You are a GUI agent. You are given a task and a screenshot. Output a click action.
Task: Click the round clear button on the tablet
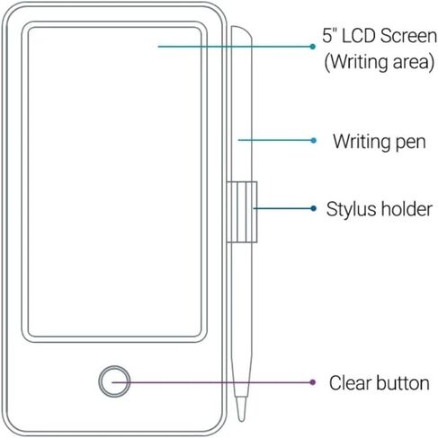point(114,381)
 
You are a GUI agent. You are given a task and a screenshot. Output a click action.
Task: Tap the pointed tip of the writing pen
point(241,420)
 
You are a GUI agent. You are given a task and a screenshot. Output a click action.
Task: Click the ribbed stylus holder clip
point(242,212)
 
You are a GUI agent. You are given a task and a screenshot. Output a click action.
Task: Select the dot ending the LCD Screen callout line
point(313,47)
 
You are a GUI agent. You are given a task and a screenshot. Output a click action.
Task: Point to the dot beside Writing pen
point(314,140)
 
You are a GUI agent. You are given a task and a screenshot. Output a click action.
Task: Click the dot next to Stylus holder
point(314,208)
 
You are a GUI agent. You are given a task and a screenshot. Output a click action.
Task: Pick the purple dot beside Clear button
point(313,382)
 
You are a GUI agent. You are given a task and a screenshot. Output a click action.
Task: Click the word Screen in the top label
point(408,36)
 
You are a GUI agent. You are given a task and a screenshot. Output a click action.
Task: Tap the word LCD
point(358,36)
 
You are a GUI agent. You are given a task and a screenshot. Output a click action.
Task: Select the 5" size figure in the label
point(330,36)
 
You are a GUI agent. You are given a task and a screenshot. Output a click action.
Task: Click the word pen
point(411,143)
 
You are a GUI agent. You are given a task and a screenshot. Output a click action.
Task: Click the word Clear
point(350,382)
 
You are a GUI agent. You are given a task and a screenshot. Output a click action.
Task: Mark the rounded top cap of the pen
point(241,31)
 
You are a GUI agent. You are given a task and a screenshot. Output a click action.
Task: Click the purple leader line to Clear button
point(212,382)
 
